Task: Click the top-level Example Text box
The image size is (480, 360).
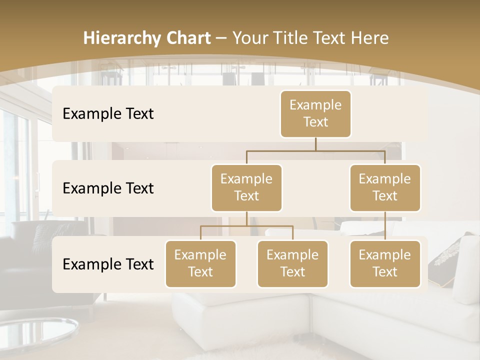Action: pos(315,114)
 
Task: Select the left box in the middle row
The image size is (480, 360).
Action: pos(246,188)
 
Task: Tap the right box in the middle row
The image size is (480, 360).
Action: pos(385,188)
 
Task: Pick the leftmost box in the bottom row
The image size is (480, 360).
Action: pos(200,264)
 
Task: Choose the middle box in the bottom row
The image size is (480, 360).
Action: pos(292,264)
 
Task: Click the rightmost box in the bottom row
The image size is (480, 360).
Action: pos(385,264)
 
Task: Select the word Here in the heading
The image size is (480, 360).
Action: pos(370,38)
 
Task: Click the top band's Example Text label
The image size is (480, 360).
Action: pos(108,114)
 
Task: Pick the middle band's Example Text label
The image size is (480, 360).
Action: pos(108,188)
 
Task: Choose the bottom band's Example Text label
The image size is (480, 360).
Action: pos(108,264)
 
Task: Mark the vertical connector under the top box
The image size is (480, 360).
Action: pos(315,144)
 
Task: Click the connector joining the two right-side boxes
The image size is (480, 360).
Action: pos(385,226)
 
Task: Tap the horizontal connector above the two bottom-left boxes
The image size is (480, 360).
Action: pos(246,226)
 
